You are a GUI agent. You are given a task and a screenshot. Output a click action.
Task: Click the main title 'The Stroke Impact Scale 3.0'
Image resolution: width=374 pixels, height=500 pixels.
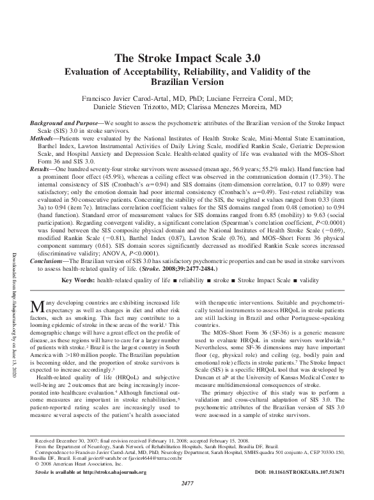click(x=187, y=58)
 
